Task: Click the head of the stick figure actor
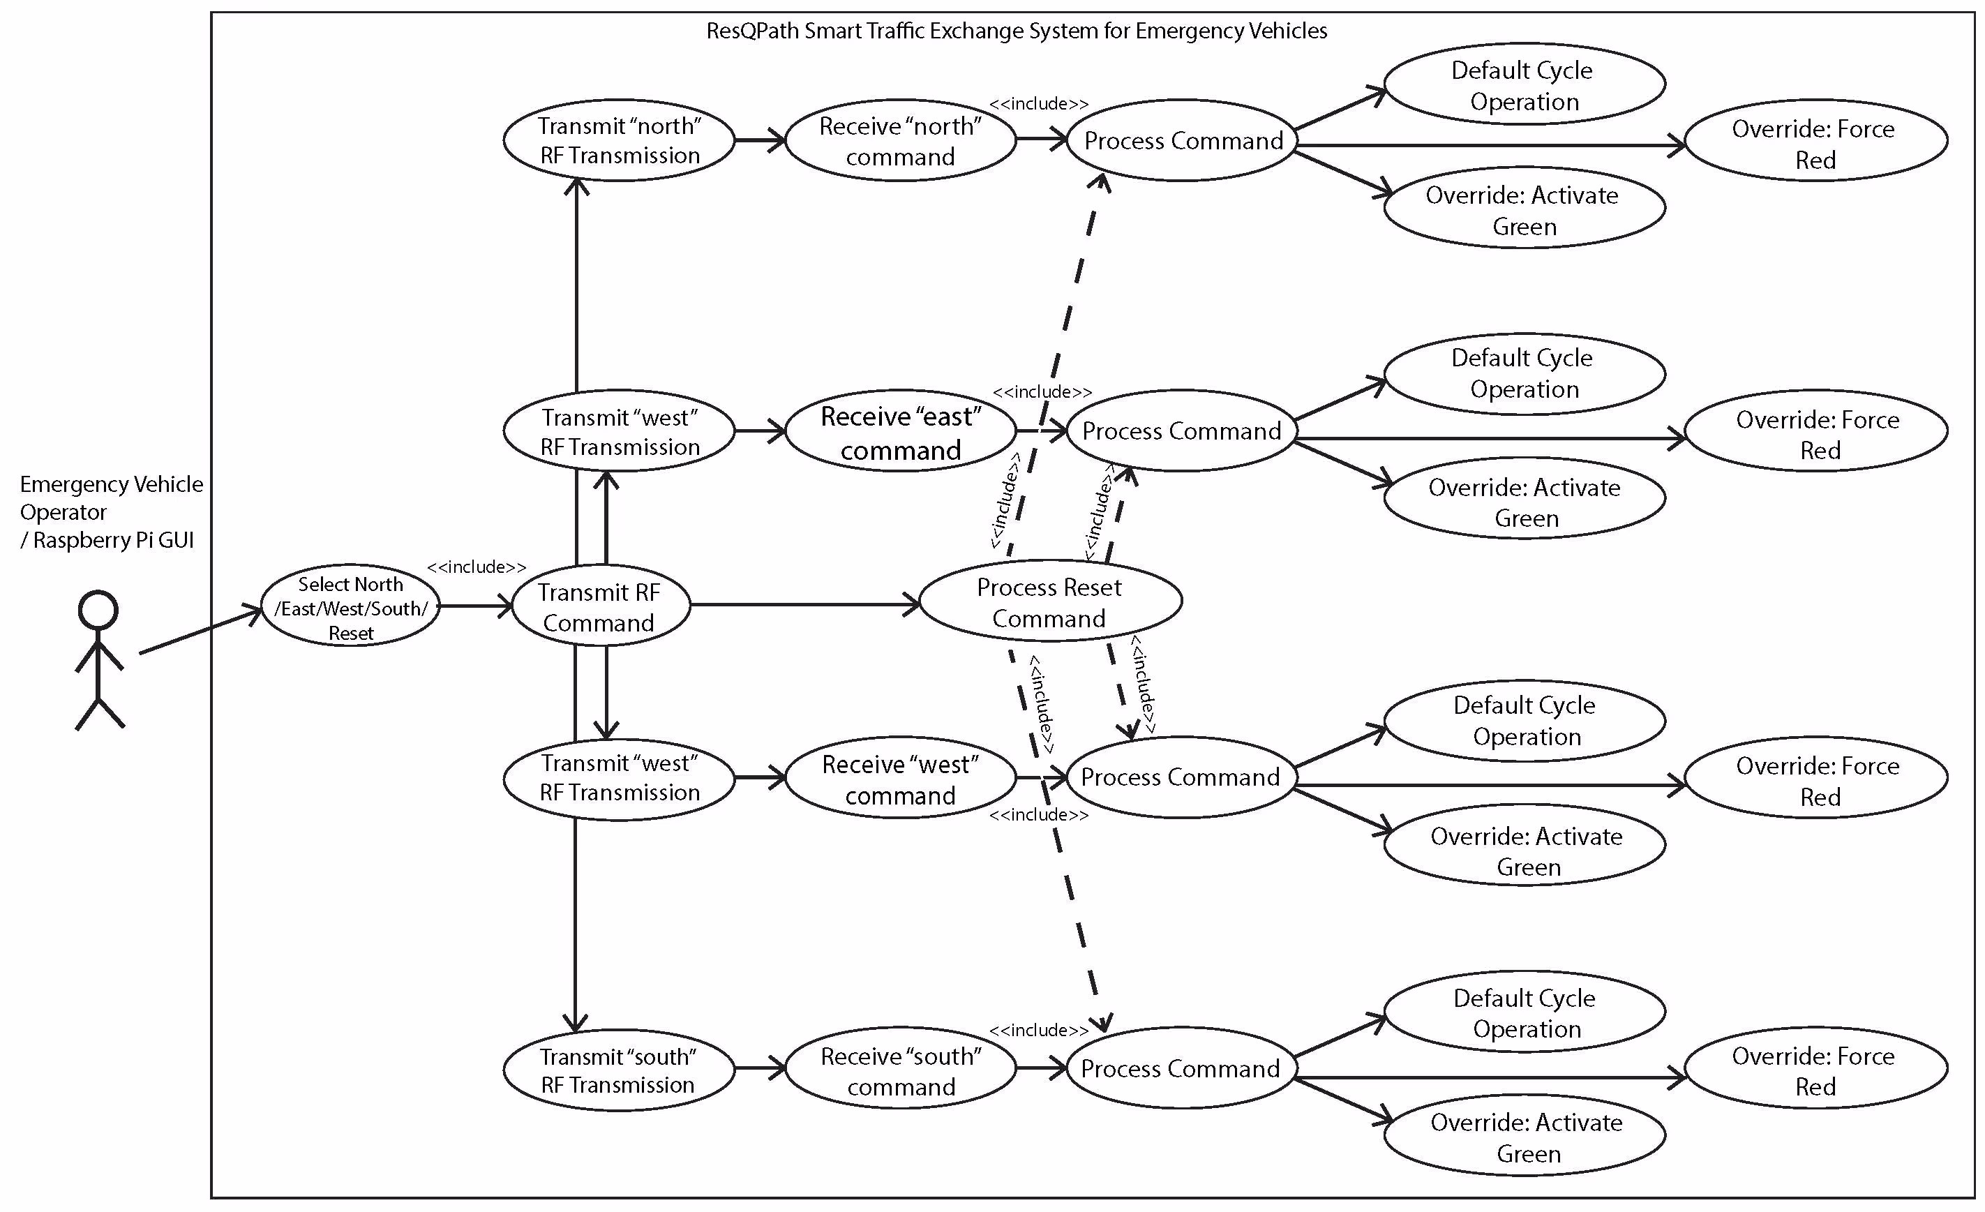[98, 610]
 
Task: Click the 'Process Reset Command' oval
[1049, 602]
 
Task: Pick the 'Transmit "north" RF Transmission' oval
[619, 140]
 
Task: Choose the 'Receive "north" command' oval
[900, 141]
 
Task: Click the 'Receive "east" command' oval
[900, 433]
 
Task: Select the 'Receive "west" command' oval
[900, 779]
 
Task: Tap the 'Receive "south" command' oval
[900, 1070]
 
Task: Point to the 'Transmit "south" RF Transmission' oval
[619, 1070]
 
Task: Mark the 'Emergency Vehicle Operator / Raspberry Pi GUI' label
[111, 511]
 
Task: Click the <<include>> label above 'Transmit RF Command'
[476, 567]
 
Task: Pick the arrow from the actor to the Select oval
[201, 630]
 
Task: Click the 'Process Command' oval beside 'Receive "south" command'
[1181, 1068]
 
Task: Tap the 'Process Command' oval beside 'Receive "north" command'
[1182, 141]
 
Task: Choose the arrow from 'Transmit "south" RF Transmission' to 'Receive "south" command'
[760, 1068]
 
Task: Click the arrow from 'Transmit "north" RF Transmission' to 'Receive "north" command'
[760, 140]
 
